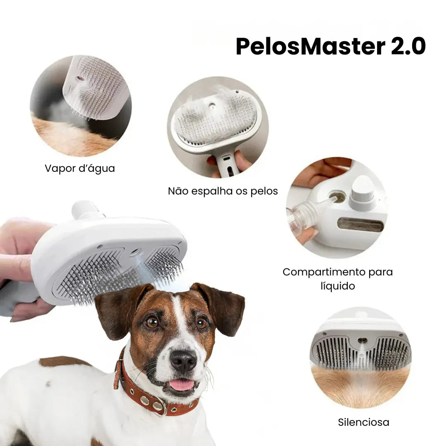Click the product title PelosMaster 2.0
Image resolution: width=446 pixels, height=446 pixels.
330,46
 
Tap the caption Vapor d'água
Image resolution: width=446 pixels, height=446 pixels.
80,168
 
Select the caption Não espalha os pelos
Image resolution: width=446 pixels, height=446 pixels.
223,191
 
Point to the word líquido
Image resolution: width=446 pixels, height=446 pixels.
338,286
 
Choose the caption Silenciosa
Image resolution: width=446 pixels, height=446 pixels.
363,422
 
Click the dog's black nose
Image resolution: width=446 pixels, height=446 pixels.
183,360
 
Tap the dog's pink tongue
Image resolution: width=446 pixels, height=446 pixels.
182,385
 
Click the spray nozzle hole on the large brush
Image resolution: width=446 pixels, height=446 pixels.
136,252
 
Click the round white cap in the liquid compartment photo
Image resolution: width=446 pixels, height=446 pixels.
363,192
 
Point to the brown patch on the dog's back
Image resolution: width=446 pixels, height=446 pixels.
64,361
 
